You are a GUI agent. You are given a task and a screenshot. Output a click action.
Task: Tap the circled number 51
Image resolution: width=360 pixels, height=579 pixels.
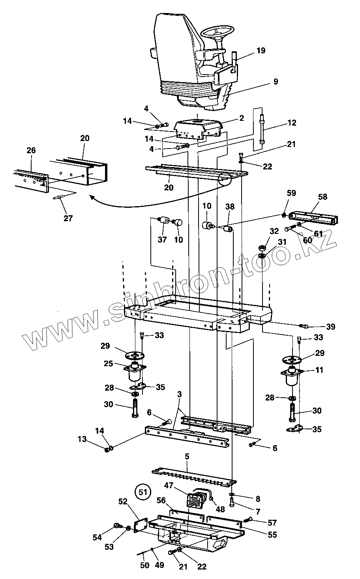coord(143,492)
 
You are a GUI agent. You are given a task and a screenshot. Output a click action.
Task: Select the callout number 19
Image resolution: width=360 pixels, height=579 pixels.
coord(261,51)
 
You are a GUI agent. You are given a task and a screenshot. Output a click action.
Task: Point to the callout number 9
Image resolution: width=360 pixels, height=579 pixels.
coord(275,82)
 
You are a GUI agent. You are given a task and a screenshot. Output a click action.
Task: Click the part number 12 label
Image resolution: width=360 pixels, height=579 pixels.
coord(291,123)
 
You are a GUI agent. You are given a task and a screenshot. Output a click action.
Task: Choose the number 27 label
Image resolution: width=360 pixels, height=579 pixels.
coord(68,218)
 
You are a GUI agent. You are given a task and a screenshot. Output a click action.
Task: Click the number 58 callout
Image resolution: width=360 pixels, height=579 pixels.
coord(322,197)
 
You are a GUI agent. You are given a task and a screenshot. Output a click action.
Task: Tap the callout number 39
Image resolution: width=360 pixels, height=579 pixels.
coord(330,327)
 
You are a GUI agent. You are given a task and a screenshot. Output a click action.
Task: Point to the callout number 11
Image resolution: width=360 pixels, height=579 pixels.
coord(319,370)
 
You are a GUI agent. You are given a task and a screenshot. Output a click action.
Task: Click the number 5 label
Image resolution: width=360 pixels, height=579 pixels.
coord(187,456)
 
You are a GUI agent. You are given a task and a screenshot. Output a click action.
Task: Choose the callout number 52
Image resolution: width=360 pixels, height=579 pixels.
coord(124,501)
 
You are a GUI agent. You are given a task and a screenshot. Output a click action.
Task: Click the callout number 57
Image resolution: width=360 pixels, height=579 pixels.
coord(272,523)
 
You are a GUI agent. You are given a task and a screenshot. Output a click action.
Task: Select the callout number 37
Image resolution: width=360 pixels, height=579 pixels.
coord(163,239)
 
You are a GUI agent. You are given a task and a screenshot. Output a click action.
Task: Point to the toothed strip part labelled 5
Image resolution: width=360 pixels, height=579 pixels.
coord(193,477)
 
